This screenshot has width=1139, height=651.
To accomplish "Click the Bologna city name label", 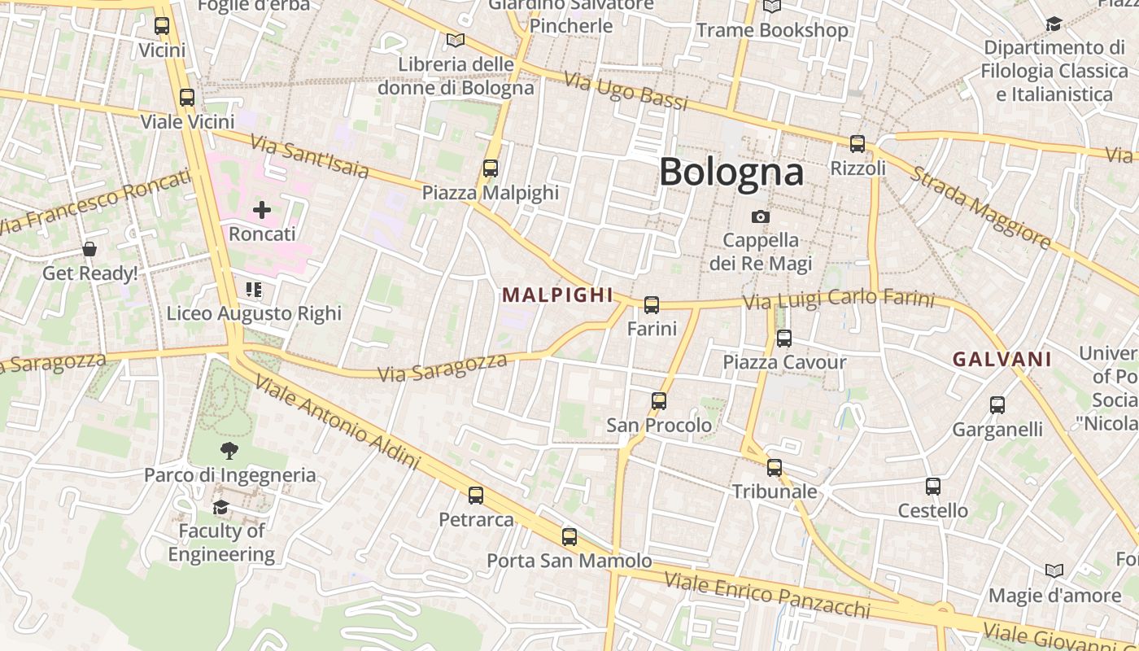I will click(731, 172).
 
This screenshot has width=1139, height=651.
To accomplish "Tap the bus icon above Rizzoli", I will click(857, 144).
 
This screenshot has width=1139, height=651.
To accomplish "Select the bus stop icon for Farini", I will click(652, 305).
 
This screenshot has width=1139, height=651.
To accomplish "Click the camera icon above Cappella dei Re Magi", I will click(761, 216).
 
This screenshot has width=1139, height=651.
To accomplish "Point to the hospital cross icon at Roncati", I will click(261, 211).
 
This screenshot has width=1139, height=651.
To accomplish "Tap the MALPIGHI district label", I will click(557, 295).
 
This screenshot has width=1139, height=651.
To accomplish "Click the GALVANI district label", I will click(1002, 359).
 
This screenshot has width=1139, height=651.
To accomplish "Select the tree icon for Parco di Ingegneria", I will click(229, 451).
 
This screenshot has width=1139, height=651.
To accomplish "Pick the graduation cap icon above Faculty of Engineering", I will click(220, 508).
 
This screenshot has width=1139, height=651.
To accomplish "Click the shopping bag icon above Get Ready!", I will click(89, 249).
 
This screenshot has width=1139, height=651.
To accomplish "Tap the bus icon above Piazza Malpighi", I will click(490, 168).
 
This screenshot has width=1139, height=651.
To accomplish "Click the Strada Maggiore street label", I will click(980, 207).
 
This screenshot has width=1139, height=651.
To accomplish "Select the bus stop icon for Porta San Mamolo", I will click(569, 537).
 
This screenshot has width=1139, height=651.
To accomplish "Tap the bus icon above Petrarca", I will click(476, 495).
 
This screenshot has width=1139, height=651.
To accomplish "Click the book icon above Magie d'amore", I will click(1054, 571).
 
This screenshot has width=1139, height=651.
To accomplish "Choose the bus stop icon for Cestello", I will click(933, 487).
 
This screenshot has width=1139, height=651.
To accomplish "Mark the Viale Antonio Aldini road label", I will click(337, 423).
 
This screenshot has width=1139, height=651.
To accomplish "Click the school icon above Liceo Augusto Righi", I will click(254, 290).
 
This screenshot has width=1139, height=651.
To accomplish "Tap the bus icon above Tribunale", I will click(775, 468).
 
